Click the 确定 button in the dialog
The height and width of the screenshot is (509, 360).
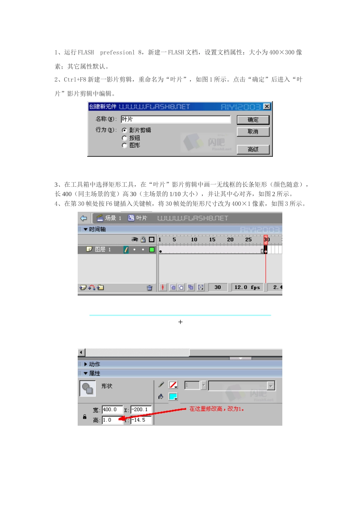pyautogui.click(x=253, y=120)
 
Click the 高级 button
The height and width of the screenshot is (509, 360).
pyautogui.click(x=253, y=150)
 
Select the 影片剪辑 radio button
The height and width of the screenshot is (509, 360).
pyautogui.click(x=124, y=130)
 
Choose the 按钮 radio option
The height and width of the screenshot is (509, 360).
pyautogui.click(x=124, y=138)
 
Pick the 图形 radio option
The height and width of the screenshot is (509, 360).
pyautogui.click(x=124, y=145)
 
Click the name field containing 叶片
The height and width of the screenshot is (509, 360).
pyautogui.click(x=175, y=119)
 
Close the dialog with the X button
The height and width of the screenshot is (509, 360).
pyautogui.click(x=267, y=106)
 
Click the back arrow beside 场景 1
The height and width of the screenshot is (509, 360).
pyautogui.click(x=84, y=218)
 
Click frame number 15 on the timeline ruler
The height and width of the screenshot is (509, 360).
pyautogui.click(x=212, y=239)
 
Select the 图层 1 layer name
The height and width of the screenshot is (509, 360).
pyautogui.click(x=103, y=250)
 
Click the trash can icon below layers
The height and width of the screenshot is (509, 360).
pyautogui.click(x=150, y=288)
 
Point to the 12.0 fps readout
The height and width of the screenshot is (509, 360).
pyautogui.click(x=247, y=287)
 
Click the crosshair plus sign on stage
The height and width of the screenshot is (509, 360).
pyautogui.click(x=180, y=322)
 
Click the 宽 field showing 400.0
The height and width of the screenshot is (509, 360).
pyautogui.click(x=112, y=410)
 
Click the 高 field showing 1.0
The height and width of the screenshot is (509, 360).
pyautogui.click(x=112, y=420)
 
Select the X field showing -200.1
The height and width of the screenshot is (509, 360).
pyautogui.click(x=141, y=410)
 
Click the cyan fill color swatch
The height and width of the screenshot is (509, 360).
pyautogui.click(x=173, y=397)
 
